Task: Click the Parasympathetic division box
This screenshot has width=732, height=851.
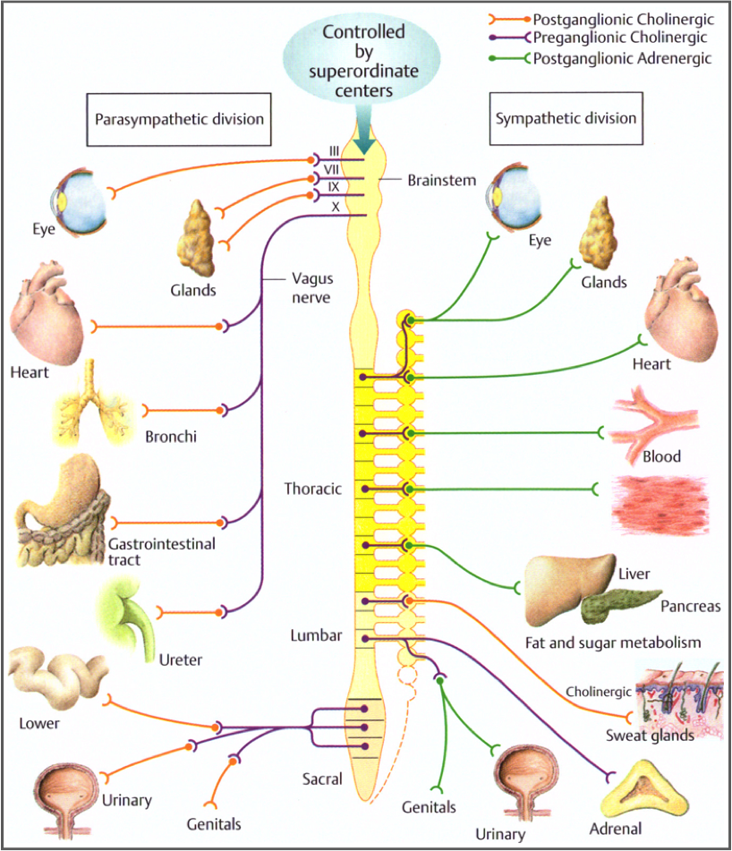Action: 179,118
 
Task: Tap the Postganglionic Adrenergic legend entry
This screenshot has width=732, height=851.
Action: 622,58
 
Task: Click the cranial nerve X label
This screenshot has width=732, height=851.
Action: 335,206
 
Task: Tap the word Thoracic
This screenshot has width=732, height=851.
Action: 312,489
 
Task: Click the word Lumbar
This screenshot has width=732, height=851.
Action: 316,635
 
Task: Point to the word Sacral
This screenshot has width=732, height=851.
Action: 322,779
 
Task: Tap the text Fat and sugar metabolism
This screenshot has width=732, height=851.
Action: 613,642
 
